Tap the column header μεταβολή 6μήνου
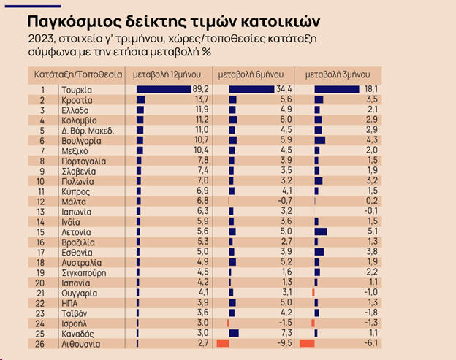252,74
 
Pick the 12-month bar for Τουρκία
164,90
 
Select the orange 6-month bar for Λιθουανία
223,343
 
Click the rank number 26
42,343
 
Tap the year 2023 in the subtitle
42,38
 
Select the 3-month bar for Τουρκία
328,90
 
